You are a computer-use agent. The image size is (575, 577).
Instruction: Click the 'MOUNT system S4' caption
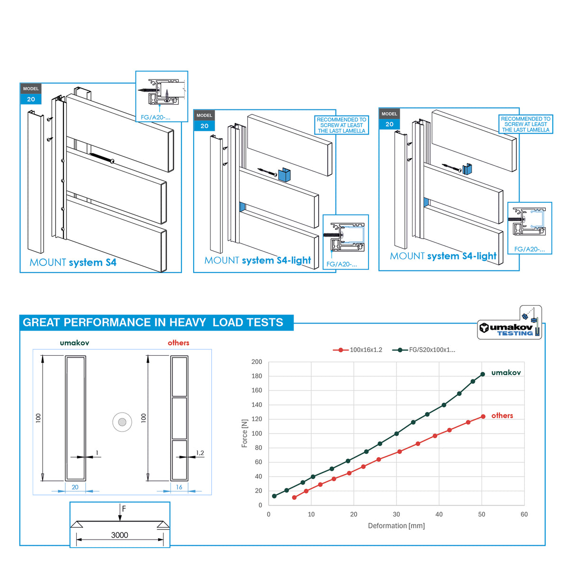[x=73, y=262]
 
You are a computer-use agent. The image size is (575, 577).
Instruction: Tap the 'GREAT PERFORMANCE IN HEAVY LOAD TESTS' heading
[x=153, y=323]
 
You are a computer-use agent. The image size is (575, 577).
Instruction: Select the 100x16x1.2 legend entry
[x=358, y=350]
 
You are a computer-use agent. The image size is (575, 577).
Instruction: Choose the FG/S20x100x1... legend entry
[x=424, y=350]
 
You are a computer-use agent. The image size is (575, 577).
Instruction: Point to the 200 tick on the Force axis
[x=257, y=362]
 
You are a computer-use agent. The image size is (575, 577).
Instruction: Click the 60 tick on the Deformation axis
[x=524, y=514]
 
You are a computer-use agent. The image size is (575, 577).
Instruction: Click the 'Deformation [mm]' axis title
[x=396, y=526]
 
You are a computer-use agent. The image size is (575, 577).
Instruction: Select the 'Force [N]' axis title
[x=244, y=433]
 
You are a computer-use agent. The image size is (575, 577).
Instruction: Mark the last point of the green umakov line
[x=483, y=374]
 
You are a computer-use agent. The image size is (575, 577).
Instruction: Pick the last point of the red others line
[x=483, y=416]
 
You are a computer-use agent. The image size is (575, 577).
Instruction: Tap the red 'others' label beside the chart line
[x=502, y=415]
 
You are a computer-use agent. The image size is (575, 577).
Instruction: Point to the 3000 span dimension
[x=119, y=535]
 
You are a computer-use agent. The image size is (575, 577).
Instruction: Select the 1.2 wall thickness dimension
[x=200, y=453]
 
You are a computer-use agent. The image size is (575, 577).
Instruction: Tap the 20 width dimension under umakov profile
[x=75, y=487]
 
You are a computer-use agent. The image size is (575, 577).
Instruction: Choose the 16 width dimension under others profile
[x=179, y=487]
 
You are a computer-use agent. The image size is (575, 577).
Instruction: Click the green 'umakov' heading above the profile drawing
[x=74, y=343]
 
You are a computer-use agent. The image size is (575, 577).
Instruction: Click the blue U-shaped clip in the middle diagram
[x=284, y=174]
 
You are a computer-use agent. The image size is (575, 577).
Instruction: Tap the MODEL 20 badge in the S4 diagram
[x=31, y=94]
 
